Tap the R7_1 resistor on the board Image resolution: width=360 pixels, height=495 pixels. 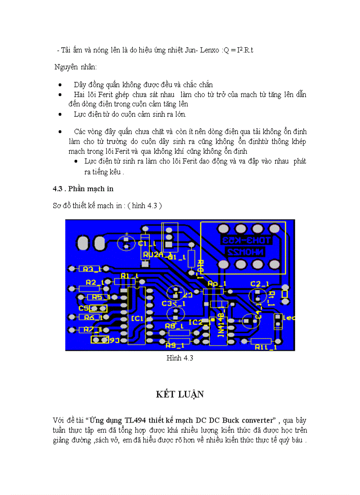(x=90, y=329)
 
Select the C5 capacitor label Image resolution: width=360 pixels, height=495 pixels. (x=84, y=309)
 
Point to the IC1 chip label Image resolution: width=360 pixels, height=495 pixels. (x=137, y=318)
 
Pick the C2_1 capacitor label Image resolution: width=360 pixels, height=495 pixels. (x=259, y=283)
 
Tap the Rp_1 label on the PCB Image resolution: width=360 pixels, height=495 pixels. (x=217, y=283)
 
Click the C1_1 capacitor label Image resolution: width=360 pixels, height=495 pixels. (x=146, y=243)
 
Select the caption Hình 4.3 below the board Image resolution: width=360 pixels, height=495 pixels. (x=180, y=358)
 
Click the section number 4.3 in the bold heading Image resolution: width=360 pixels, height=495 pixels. (x=58, y=189)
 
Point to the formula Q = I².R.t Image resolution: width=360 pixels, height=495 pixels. (x=238, y=50)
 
